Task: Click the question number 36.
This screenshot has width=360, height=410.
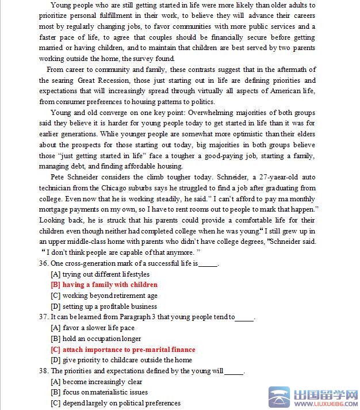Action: tap(43, 263)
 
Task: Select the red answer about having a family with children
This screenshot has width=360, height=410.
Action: tap(104, 285)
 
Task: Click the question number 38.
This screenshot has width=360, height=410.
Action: tap(43, 371)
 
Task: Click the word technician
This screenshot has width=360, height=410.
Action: tap(56, 188)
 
